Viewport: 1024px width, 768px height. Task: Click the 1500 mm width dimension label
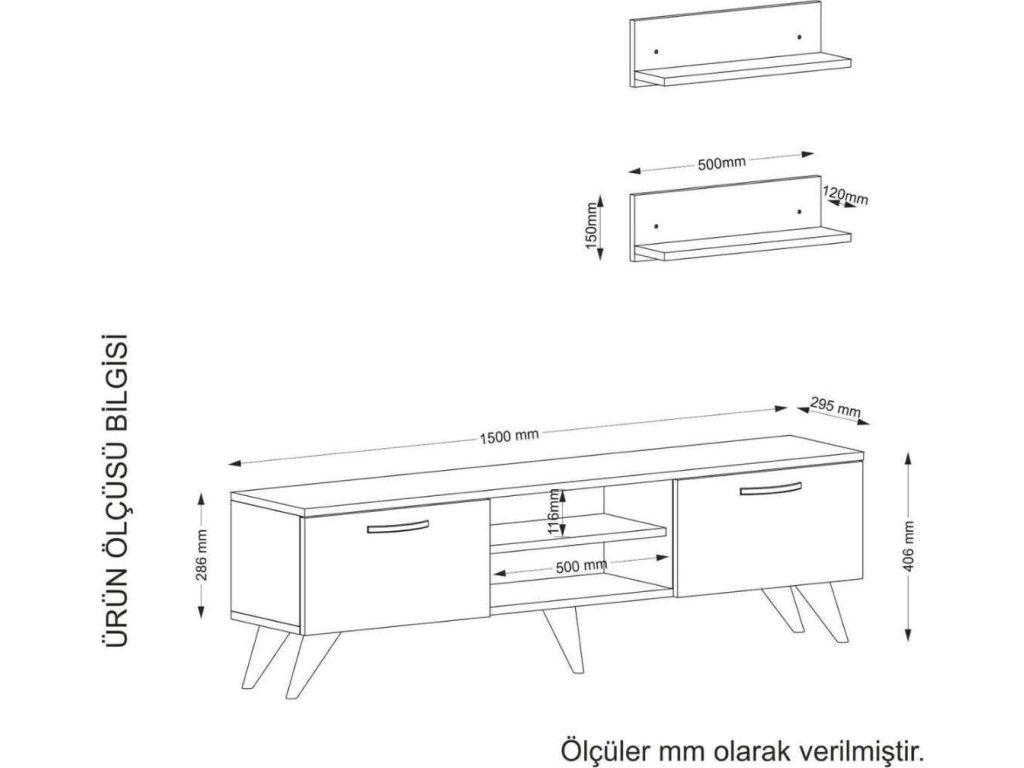point(510,435)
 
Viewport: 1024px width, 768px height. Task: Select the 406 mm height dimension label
point(908,545)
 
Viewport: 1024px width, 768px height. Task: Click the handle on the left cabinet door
point(397,529)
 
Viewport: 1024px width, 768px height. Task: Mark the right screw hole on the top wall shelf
point(799,39)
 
